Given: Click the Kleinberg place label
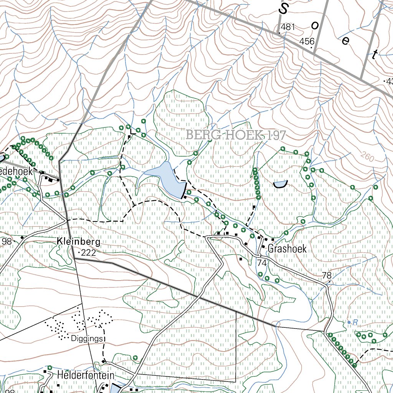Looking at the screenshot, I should tap(79, 242).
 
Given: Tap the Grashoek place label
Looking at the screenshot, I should tap(287, 249).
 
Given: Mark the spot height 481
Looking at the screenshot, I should tap(288, 27).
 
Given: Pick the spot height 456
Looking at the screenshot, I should tap(307, 41).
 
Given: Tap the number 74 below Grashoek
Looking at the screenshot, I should tap(262, 263).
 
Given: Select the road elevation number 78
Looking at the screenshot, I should tap(327, 276).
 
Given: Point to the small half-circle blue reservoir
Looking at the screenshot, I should tap(281, 184).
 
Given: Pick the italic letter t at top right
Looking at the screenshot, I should tap(374, 54).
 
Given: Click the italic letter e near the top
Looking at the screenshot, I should tap(345, 40).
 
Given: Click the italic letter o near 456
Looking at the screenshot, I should tap(315, 25).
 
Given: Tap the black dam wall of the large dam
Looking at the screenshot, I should tap(184, 191).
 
